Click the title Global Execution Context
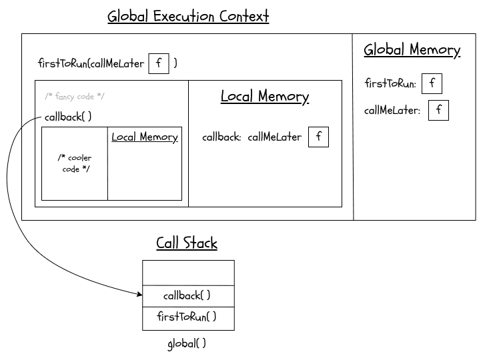[188, 16]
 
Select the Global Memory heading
[412, 50]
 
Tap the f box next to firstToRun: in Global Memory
[432, 83]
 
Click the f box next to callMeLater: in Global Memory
[438, 110]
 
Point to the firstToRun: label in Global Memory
[391, 84]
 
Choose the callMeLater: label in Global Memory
[393, 111]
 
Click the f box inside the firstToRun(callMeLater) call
[158, 63]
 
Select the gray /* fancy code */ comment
[74, 97]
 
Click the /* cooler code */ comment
[75, 163]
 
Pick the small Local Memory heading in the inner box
[144, 137]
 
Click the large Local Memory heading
[265, 97]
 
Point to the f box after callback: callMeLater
[318, 137]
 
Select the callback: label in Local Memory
[221, 138]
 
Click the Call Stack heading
[187, 243]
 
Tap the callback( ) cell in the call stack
[188, 295]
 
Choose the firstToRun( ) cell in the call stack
[188, 317]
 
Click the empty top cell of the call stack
[188, 273]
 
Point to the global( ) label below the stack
[187, 344]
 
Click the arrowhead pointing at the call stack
[139, 293]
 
